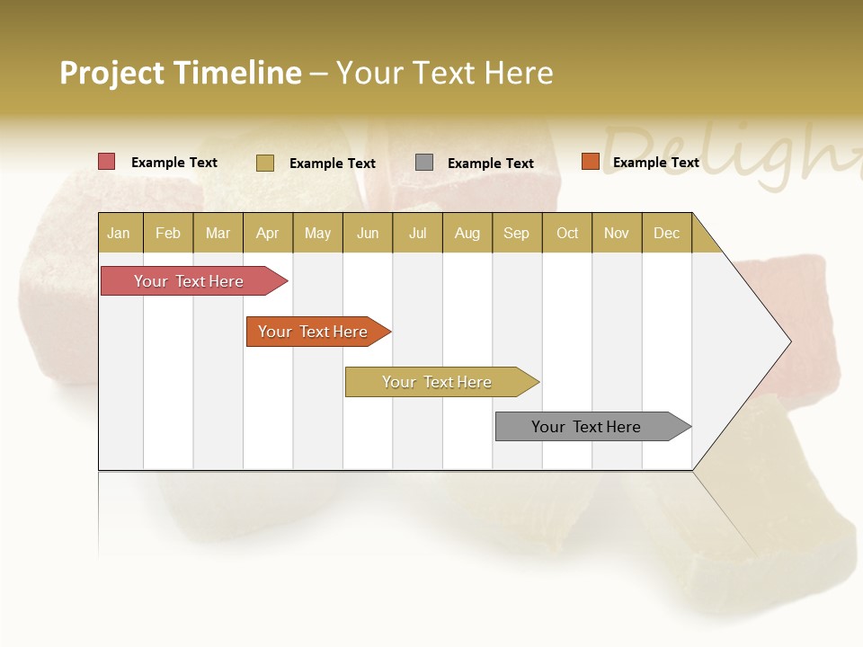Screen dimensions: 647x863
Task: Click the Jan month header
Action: (x=120, y=233)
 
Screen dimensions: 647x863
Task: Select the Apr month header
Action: (x=268, y=233)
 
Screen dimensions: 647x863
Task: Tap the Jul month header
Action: (x=417, y=233)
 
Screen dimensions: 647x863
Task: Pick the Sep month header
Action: (x=516, y=233)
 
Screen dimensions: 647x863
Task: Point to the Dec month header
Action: (x=666, y=233)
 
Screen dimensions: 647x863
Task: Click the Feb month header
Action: (x=168, y=233)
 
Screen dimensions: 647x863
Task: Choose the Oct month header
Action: (x=567, y=233)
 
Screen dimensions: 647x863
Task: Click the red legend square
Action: (x=107, y=162)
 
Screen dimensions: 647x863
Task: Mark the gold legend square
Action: (x=265, y=163)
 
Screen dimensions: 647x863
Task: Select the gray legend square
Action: (x=424, y=163)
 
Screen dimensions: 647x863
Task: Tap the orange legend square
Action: (x=590, y=162)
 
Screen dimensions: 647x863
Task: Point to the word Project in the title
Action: (x=112, y=73)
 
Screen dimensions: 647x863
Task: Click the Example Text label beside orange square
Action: (x=655, y=163)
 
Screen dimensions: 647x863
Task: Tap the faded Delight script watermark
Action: (x=728, y=153)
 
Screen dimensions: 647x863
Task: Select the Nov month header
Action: (x=617, y=233)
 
